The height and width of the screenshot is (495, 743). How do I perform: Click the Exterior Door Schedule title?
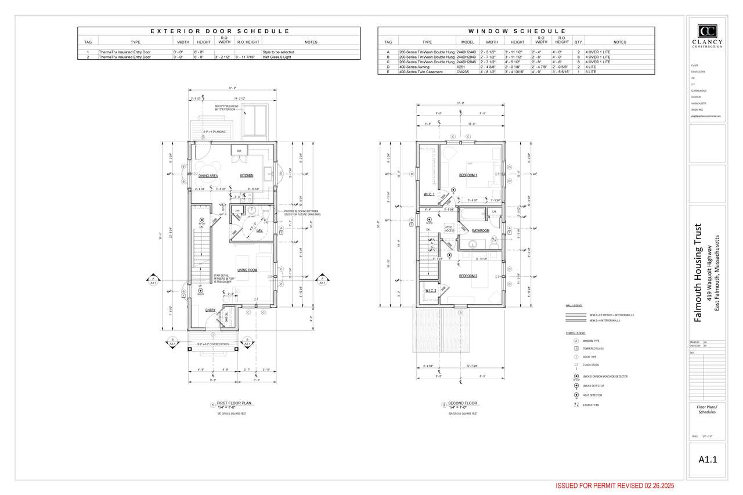click(219, 31)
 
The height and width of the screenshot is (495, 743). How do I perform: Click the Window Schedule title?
click(517, 31)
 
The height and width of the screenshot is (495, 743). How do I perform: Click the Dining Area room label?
click(208, 175)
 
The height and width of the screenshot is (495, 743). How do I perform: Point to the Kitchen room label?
click(247, 175)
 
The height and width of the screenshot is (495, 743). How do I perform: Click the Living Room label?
click(247, 270)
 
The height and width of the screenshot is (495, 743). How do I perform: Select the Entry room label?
click(210, 310)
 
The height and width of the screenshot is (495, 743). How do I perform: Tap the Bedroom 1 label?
click(468, 175)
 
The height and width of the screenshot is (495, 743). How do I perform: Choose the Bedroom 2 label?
click(468, 276)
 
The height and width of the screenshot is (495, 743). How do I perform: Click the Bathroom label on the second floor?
click(481, 230)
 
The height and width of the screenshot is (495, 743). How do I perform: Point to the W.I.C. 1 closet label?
click(430, 194)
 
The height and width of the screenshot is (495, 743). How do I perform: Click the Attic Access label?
click(449, 229)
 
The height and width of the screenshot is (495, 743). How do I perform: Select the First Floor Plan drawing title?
click(235, 403)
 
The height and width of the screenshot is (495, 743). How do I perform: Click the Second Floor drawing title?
click(462, 403)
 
